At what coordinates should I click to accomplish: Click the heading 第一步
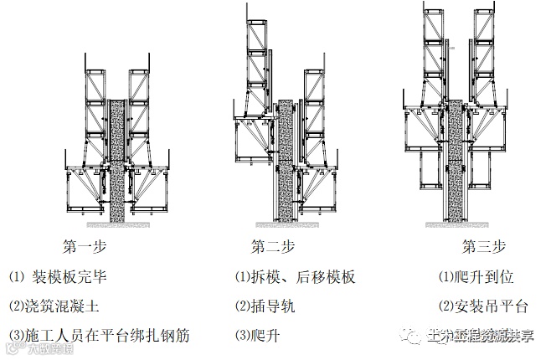85,247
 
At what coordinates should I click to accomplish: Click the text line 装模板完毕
70,277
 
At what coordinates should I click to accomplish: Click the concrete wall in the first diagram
117,159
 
